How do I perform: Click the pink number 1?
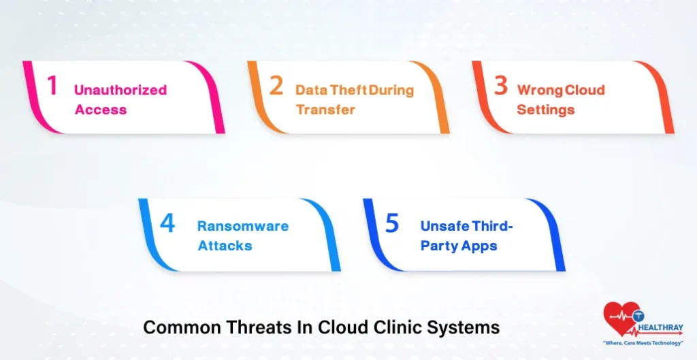[x=52, y=86]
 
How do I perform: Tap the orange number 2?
[x=276, y=86]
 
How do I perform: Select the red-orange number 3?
[x=501, y=86]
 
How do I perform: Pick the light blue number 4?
[x=167, y=224]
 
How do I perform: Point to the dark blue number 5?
[x=392, y=224]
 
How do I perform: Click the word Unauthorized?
[x=120, y=90]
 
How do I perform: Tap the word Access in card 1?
[x=101, y=110]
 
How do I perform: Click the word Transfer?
[x=325, y=110]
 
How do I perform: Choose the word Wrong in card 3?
[x=538, y=90]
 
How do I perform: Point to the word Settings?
[x=545, y=110]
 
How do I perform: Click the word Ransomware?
[x=243, y=227]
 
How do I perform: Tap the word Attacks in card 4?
[x=225, y=246]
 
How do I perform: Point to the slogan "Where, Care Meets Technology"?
[x=643, y=343]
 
